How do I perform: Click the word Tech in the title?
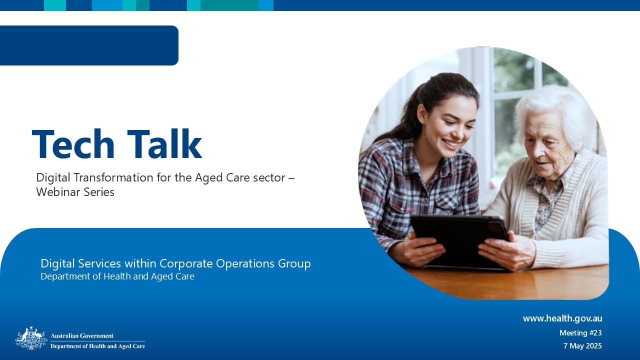pyautogui.click(x=72, y=144)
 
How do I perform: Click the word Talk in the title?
pyautogui.click(x=164, y=144)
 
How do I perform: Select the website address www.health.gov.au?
pyautogui.click(x=562, y=318)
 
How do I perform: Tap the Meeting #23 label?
pyautogui.click(x=580, y=333)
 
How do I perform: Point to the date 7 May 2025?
pyautogui.click(x=582, y=346)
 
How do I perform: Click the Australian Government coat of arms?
pyautogui.click(x=31, y=338)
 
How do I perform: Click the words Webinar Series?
pyautogui.click(x=75, y=192)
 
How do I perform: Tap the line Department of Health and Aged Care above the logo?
pyautogui.click(x=117, y=276)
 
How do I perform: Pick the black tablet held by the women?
pyautogui.click(x=457, y=240)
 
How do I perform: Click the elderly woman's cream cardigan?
pyautogui.click(x=575, y=220)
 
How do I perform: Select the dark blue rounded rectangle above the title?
pyautogui.click(x=89, y=45)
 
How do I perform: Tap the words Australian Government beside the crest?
pyautogui.click(x=82, y=336)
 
